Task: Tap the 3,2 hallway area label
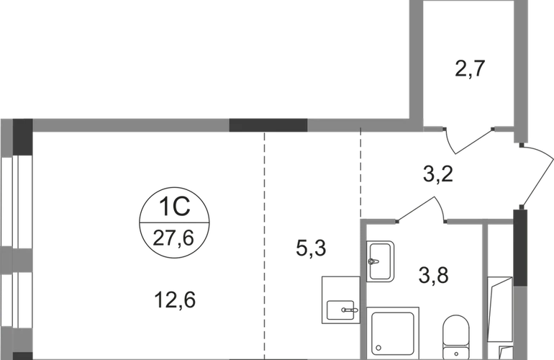point(437,174)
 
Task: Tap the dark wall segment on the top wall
point(268,125)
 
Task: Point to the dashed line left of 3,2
point(359,173)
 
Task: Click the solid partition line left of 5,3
point(263,245)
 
